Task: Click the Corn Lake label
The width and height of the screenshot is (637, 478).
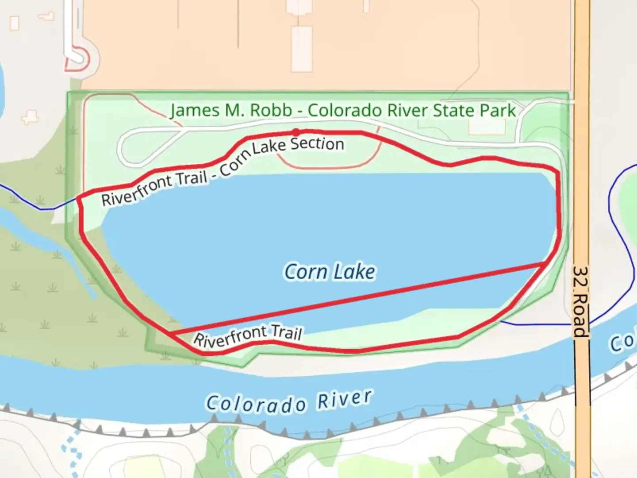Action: [330, 272]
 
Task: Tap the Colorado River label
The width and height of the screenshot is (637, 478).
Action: [289, 401]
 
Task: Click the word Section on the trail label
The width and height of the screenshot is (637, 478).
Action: [317, 143]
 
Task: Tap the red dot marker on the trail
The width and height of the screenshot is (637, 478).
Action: [296, 132]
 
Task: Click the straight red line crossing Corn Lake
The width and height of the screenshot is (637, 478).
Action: [354, 298]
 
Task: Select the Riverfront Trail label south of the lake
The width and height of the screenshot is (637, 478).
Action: [248, 336]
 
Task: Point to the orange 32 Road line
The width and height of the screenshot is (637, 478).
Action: [582, 177]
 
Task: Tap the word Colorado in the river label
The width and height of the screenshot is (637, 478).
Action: [256, 404]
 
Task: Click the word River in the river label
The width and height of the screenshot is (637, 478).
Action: [345, 399]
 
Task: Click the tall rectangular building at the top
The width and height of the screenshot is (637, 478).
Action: [302, 49]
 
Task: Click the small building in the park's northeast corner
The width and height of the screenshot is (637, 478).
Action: [487, 127]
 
